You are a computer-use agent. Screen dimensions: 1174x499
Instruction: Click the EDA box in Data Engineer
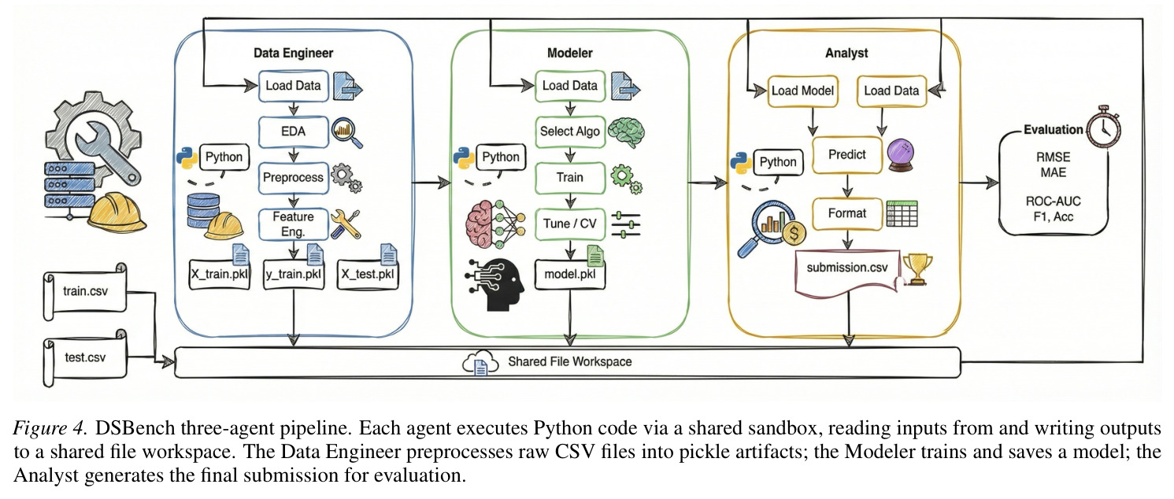(293, 131)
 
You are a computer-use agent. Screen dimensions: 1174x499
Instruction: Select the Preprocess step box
(293, 177)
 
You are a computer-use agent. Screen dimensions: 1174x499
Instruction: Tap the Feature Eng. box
(293, 224)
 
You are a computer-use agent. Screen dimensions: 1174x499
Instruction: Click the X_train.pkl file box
(220, 274)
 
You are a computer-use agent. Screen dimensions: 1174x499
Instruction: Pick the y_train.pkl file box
(294, 274)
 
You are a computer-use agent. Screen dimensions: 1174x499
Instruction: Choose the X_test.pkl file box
(368, 274)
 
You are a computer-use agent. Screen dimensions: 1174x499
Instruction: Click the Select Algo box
(570, 131)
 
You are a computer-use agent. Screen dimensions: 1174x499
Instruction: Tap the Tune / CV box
(570, 224)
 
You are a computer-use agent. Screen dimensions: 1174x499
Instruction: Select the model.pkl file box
(570, 274)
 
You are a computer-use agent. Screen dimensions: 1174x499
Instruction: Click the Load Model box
(802, 91)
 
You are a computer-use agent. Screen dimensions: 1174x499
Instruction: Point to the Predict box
(847, 154)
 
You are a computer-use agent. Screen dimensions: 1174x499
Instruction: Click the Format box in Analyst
(847, 213)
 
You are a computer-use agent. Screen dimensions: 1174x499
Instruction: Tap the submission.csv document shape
(847, 271)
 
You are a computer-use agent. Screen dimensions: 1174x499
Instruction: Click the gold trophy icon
(918, 269)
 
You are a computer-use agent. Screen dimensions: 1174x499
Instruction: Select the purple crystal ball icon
(901, 154)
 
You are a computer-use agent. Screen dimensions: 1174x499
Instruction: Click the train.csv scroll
(85, 291)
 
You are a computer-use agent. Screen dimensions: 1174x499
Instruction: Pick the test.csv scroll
(85, 358)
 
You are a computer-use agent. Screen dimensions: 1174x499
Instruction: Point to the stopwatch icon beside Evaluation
(1103, 126)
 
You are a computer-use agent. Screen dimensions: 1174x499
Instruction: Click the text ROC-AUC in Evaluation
(1053, 201)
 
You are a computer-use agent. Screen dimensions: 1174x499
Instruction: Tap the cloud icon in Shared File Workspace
(480, 363)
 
